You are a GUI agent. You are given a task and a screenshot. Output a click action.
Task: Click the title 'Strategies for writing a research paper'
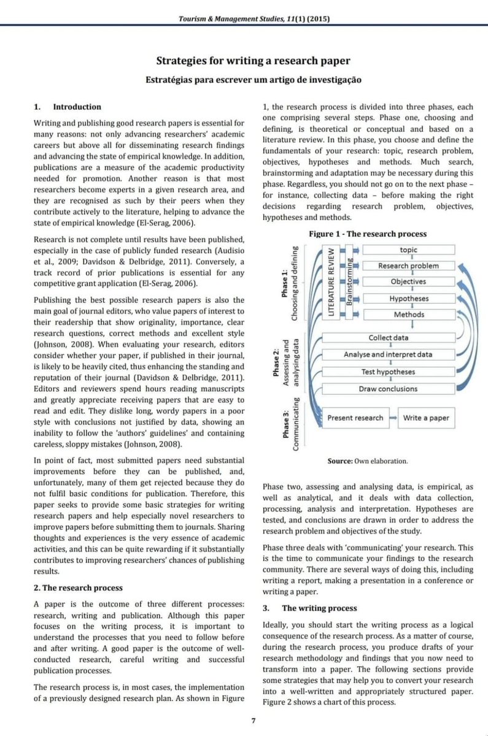point(254,61)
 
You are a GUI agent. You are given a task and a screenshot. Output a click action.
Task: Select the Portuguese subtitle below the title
point(254,79)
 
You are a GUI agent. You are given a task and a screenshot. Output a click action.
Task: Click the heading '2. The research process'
point(78,588)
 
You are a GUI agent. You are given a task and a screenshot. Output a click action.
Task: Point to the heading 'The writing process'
point(319,608)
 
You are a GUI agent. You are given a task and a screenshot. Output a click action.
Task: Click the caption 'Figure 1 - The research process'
point(368,234)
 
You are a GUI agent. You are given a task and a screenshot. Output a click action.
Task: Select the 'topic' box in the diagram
point(409,250)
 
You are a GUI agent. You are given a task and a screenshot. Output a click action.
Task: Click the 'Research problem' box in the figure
point(409,266)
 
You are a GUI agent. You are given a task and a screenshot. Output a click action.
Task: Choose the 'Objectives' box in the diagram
point(409,282)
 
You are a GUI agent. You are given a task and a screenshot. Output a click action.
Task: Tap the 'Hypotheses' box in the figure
point(409,299)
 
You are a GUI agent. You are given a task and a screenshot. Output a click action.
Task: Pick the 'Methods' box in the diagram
point(409,315)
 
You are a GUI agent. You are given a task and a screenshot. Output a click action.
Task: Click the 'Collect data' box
point(388,338)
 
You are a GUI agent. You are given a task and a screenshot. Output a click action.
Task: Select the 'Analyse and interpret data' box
point(388,355)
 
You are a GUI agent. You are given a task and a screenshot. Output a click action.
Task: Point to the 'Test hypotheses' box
point(388,372)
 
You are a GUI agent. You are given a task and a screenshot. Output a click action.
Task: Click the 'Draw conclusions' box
point(388,389)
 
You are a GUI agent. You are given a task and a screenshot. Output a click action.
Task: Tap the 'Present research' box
point(355,418)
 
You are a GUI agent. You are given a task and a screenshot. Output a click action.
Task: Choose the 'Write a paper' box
point(426,418)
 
